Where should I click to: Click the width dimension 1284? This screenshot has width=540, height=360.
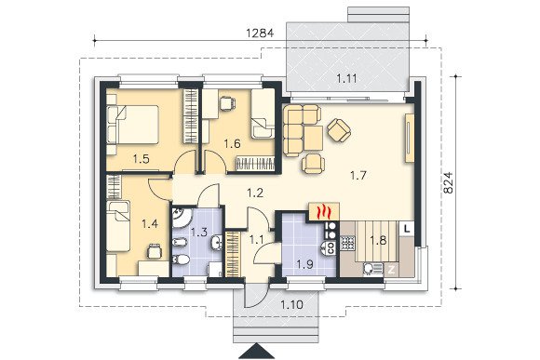click(x=260, y=33)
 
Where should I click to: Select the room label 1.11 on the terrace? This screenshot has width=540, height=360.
click(x=346, y=79)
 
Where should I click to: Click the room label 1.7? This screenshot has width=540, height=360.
click(x=358, y=176)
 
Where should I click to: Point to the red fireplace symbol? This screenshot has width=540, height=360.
click(x=324, y=212)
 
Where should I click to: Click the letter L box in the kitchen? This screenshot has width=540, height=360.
click(x=407, y=229)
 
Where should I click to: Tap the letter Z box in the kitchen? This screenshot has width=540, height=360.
click(x=392, y=270)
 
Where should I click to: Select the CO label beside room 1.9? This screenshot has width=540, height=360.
click(x=330, y=248)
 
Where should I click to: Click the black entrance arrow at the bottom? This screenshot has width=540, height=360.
click(x=257, y=351)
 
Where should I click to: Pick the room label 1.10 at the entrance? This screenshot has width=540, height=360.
click(x=291, y=304)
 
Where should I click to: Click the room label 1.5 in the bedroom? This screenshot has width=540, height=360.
click(x=142, y=159)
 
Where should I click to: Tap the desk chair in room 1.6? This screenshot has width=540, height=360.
click(x=227, y=103)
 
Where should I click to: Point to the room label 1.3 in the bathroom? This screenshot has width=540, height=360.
click(x=199, y=233)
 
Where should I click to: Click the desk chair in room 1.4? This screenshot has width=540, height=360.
click(x=155, y=251)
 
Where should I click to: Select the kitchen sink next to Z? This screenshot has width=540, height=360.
click(x=371, y=269)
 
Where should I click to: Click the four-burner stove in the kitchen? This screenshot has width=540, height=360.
click(x=347, y=243)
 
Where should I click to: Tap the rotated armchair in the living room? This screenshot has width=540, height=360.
click(x=339, y=129)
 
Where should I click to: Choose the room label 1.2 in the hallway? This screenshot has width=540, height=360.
click(x=255, y=193)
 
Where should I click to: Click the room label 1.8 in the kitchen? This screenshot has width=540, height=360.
click(x=379, y=240)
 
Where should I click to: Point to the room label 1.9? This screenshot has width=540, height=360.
click(x=305, y=264)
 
